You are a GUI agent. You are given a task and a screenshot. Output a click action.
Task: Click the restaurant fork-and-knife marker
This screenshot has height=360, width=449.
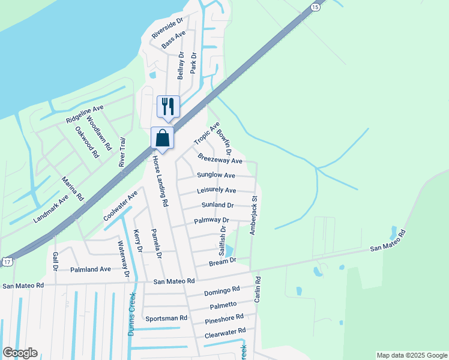(168, 107)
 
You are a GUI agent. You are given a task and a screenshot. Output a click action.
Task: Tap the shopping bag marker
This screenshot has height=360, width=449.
(162, 139)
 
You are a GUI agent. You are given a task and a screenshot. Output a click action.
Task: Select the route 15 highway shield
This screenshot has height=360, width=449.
(315, 6)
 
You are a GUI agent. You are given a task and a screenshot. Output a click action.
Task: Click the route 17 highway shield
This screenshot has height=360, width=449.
(7, 262)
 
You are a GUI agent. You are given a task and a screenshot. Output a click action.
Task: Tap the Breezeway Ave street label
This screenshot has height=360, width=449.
(220, 159)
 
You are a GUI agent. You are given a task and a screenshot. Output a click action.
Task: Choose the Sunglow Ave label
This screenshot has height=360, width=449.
(216, 175)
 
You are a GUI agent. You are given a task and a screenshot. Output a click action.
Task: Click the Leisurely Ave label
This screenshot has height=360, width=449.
(216, 191)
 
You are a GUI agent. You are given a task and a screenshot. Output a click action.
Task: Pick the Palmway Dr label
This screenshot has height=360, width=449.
(212, 221)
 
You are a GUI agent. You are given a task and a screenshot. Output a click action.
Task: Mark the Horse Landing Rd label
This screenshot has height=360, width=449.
(159, 181)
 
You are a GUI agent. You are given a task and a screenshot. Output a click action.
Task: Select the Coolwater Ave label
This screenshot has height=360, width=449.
(120, 206)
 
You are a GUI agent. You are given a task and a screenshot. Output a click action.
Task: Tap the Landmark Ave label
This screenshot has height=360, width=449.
(51, 208)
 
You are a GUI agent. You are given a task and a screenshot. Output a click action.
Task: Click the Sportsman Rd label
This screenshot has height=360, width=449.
(166, 318)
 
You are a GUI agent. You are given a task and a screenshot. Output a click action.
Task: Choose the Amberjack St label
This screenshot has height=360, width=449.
(254, 214)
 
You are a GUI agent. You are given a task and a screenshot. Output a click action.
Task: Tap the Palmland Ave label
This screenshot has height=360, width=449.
(91, 269)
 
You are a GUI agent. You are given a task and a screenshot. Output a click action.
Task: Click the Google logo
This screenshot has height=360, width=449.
(20, 353)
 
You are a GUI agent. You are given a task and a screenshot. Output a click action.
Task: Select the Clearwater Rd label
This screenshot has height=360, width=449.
(225, 332)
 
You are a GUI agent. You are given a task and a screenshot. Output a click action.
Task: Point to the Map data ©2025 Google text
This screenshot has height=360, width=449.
(412, 355)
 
